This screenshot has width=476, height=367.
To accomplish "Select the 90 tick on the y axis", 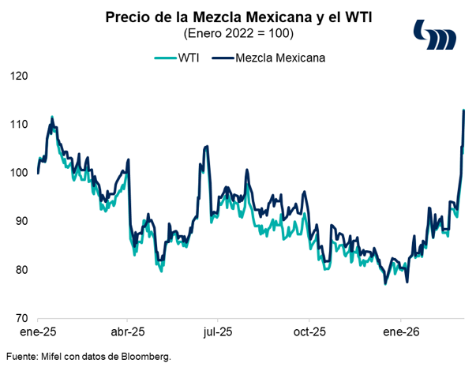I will tap(20, 222).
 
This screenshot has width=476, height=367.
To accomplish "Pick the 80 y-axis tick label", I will tap(20, 270).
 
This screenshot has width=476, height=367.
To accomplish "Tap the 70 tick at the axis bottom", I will tap(20, 318).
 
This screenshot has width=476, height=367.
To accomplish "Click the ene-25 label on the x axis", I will tap(38, 332).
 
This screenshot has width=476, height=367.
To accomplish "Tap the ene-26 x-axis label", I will tap(399, 332).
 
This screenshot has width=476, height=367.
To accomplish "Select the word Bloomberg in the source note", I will tap(145, 356).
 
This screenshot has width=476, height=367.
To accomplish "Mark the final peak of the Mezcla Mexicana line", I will tap(463, 110).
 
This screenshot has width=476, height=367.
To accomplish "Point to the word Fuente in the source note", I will tap(21, 356).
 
